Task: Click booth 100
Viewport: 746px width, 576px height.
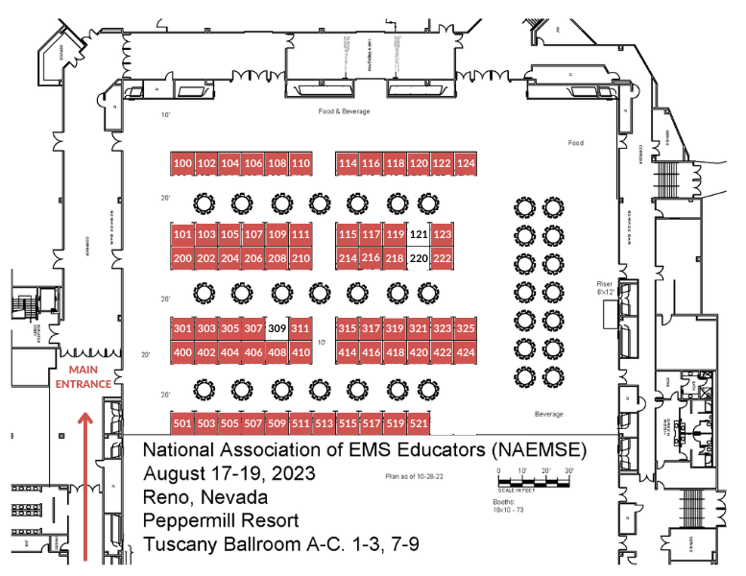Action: coord(182,164)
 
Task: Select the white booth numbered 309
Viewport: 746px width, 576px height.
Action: coord(277,328)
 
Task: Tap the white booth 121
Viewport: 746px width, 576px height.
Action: coord(418,234)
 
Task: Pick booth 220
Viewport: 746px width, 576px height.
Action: coord(418,258)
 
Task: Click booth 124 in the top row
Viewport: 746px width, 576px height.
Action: coord(466,164)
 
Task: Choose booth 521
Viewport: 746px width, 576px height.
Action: coord(418,422)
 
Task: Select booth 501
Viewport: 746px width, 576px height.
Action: coord(182,422)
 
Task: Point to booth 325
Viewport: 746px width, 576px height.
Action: coord(466,328)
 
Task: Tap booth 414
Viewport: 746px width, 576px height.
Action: coord(347,352)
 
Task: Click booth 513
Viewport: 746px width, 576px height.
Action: coord(324,422)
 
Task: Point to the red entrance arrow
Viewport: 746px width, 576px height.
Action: coord(85,480)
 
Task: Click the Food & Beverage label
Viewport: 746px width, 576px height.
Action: coord(344,111)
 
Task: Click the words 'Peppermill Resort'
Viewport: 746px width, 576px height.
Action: coord(221,521)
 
